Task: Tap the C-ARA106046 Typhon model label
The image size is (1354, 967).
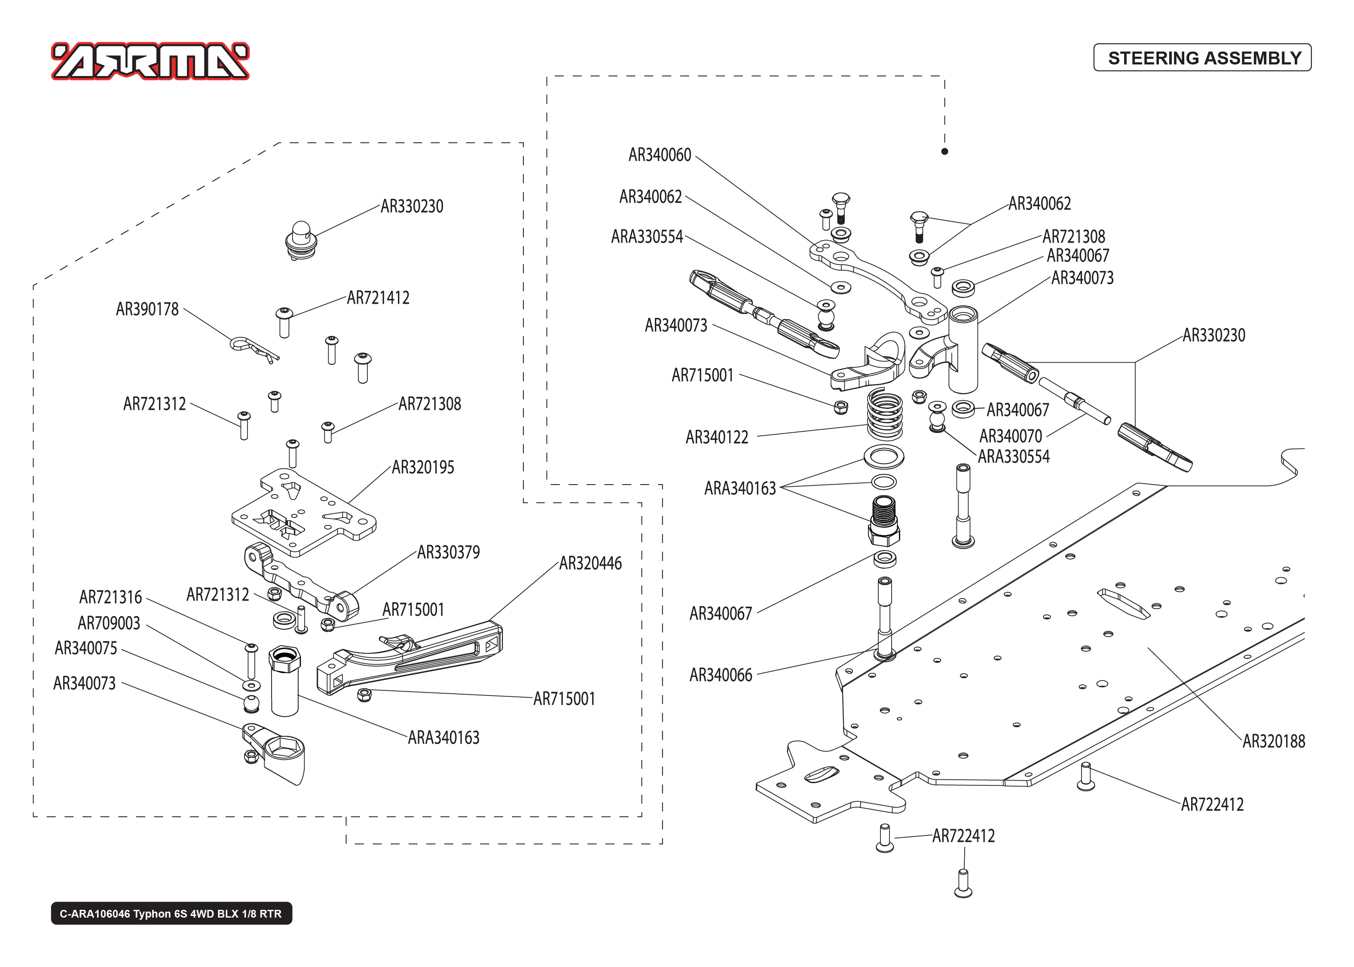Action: coord(171,913)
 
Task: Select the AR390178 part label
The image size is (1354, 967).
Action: coord(147,309)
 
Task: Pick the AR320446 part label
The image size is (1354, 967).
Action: coord(590,563)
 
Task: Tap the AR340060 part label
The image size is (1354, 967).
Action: coord(660,155)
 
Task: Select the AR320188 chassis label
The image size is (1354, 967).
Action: coord(1273,741)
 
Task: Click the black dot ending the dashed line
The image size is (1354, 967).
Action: coord(944,151)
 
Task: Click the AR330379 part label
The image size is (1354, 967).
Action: coord(448,552)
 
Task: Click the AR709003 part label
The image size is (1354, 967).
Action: coord(109,623)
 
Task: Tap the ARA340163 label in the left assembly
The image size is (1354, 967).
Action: coord(443,738)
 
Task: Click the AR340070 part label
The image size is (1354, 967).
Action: coord(1010,436)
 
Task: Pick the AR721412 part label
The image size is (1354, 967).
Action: coord(378,298)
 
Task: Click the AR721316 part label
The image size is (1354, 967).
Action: coord(111,597)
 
